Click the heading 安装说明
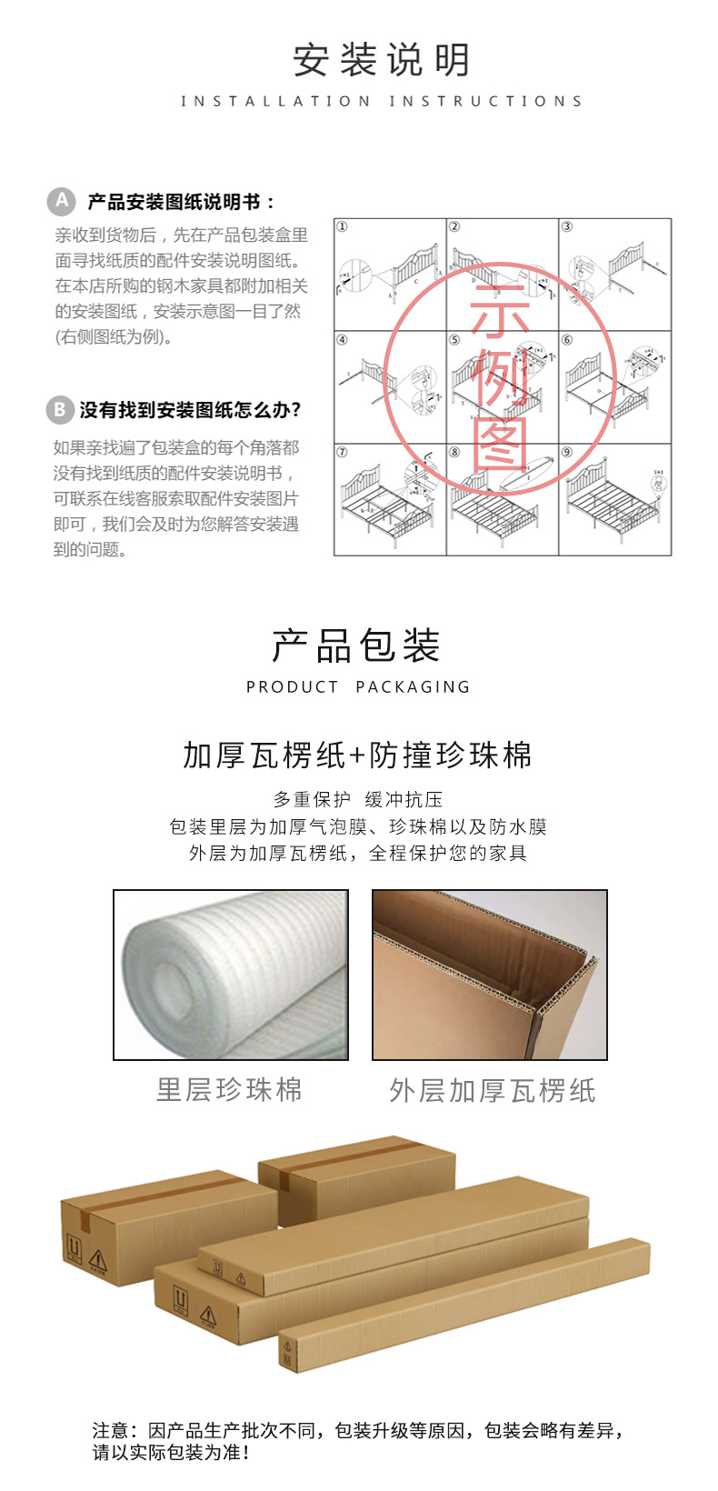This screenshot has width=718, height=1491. tap(382, 61)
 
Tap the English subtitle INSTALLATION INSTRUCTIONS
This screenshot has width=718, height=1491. tap(382, 101)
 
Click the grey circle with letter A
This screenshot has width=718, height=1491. tap(61, 201)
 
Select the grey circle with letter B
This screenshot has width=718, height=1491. tap(59, 410)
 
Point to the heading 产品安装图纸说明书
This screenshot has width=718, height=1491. tap(181, 202)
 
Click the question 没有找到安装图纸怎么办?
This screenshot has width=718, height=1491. tap(190, 410)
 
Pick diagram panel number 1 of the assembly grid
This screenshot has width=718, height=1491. tap(390, 274)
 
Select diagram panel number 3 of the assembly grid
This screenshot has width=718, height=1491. tap(614, 274)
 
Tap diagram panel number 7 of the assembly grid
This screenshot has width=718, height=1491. tap(390, 499)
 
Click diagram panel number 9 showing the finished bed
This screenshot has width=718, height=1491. tap(614, 499)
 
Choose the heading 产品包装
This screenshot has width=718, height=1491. tap(356, 645)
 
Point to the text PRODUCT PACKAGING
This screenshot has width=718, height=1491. tap(358, 687)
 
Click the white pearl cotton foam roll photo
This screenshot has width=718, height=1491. tap(231, 975)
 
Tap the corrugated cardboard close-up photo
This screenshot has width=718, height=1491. tap(490, 975)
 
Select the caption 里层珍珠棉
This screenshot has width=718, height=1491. tap(229, 1089)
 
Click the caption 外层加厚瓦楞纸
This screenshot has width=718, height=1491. tap(492, 1090)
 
